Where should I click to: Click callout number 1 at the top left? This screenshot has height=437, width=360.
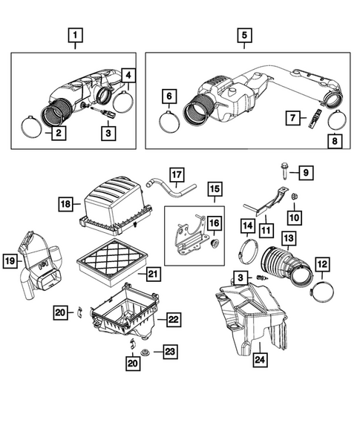75,33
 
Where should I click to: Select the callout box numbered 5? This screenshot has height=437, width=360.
243,33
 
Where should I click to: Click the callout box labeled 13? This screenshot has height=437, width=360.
288,237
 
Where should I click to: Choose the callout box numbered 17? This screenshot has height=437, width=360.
176,175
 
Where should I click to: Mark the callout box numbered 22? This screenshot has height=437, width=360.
172,320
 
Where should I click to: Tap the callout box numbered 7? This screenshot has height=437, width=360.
293,116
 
